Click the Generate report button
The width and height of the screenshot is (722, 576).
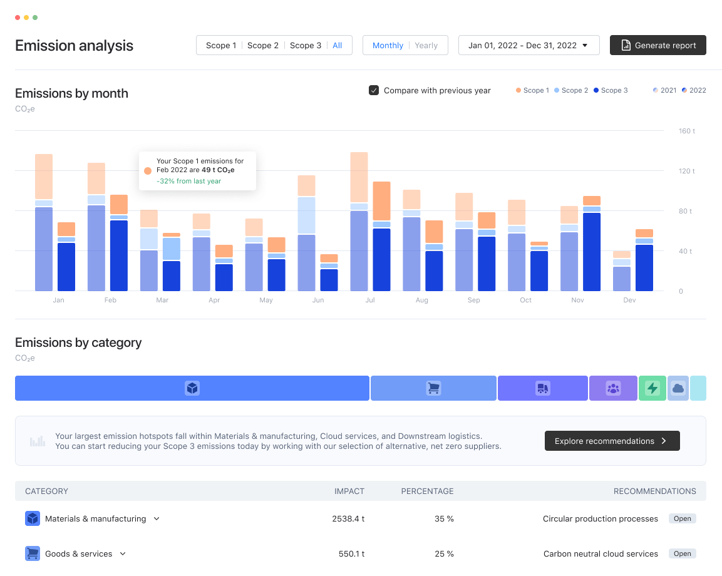pos(658,45)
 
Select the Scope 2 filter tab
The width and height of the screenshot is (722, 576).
pos(263,45)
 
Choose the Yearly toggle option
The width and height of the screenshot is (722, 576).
pos(426,45)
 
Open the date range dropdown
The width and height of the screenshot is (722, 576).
pos(529,45)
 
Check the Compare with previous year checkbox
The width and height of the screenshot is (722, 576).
pos(374,90)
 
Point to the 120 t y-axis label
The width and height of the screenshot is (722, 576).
pos(687,171)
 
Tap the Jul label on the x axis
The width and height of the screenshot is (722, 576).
pos(370,300)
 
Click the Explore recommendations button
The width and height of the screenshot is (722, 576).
pos(612,441)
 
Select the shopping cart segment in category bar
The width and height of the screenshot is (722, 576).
pos(433,388)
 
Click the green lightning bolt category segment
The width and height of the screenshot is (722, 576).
pos(652,388)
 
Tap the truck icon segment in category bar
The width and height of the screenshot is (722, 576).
pos(542,388)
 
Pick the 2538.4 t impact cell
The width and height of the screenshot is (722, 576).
pos(348,518)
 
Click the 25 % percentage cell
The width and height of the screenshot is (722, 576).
pos(445,553)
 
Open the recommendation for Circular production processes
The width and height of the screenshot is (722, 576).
pos(682,518)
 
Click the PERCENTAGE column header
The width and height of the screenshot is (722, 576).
pos(427,491)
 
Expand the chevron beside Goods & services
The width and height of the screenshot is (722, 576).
pos(123,553)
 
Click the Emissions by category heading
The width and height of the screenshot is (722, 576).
pos(78,342)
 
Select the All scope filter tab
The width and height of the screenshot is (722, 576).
pos(337,45)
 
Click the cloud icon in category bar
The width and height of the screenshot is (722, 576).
pos(678,388)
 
